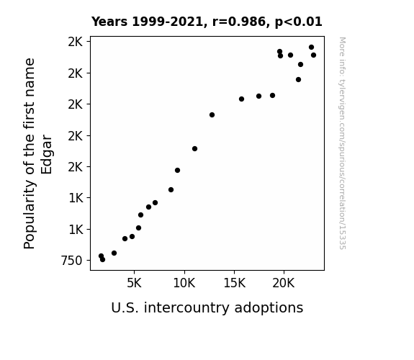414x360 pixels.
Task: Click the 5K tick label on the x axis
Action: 134,283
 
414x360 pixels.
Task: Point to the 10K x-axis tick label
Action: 184,283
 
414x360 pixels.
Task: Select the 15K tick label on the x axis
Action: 234,283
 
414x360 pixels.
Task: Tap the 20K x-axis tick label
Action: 284,283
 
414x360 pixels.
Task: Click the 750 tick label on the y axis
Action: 72,261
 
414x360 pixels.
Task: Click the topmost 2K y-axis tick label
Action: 76,42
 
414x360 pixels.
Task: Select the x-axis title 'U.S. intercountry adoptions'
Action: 207,308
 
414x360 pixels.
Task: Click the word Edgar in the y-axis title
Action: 47,154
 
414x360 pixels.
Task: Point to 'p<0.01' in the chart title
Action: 299,22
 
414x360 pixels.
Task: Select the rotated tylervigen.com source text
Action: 342,143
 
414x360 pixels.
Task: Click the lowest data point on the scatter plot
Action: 103,260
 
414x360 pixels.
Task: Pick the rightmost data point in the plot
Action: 313,55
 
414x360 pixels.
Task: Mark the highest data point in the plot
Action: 311,48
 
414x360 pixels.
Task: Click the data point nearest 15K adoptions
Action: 241,99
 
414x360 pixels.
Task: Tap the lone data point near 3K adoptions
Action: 114,253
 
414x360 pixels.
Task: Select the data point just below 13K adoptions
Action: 212,115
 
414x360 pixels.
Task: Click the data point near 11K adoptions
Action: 194,149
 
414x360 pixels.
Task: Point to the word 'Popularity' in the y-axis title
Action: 29,215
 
